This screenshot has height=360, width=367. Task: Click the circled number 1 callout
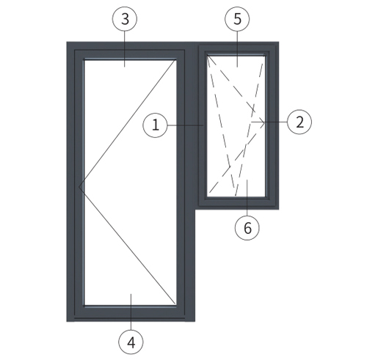pos(156,125)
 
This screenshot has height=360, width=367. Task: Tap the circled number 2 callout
pos(299,122)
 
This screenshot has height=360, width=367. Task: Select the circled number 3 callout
pos(125,19)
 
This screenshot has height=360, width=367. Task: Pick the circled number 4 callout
pos(131,342)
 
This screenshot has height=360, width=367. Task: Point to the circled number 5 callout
pos(237,19)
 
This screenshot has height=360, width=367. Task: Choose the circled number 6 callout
pos(247,228)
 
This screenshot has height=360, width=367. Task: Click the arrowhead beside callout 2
pos(262,122)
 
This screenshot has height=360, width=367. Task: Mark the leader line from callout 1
pos(186,125)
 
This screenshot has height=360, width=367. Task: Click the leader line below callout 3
pos(125,49)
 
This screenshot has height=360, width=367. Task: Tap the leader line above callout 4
pos(131,312)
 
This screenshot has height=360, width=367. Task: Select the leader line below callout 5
pos(237,49)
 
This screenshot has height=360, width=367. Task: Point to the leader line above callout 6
pos(247,198)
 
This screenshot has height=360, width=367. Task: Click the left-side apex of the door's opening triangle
pos(79,187)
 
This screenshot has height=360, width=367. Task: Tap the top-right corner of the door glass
pos(176,59)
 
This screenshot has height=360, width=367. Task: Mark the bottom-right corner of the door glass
pos(176,305)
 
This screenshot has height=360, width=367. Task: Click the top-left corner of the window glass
pos(207,55)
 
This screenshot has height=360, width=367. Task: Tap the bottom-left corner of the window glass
pos(207,196)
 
